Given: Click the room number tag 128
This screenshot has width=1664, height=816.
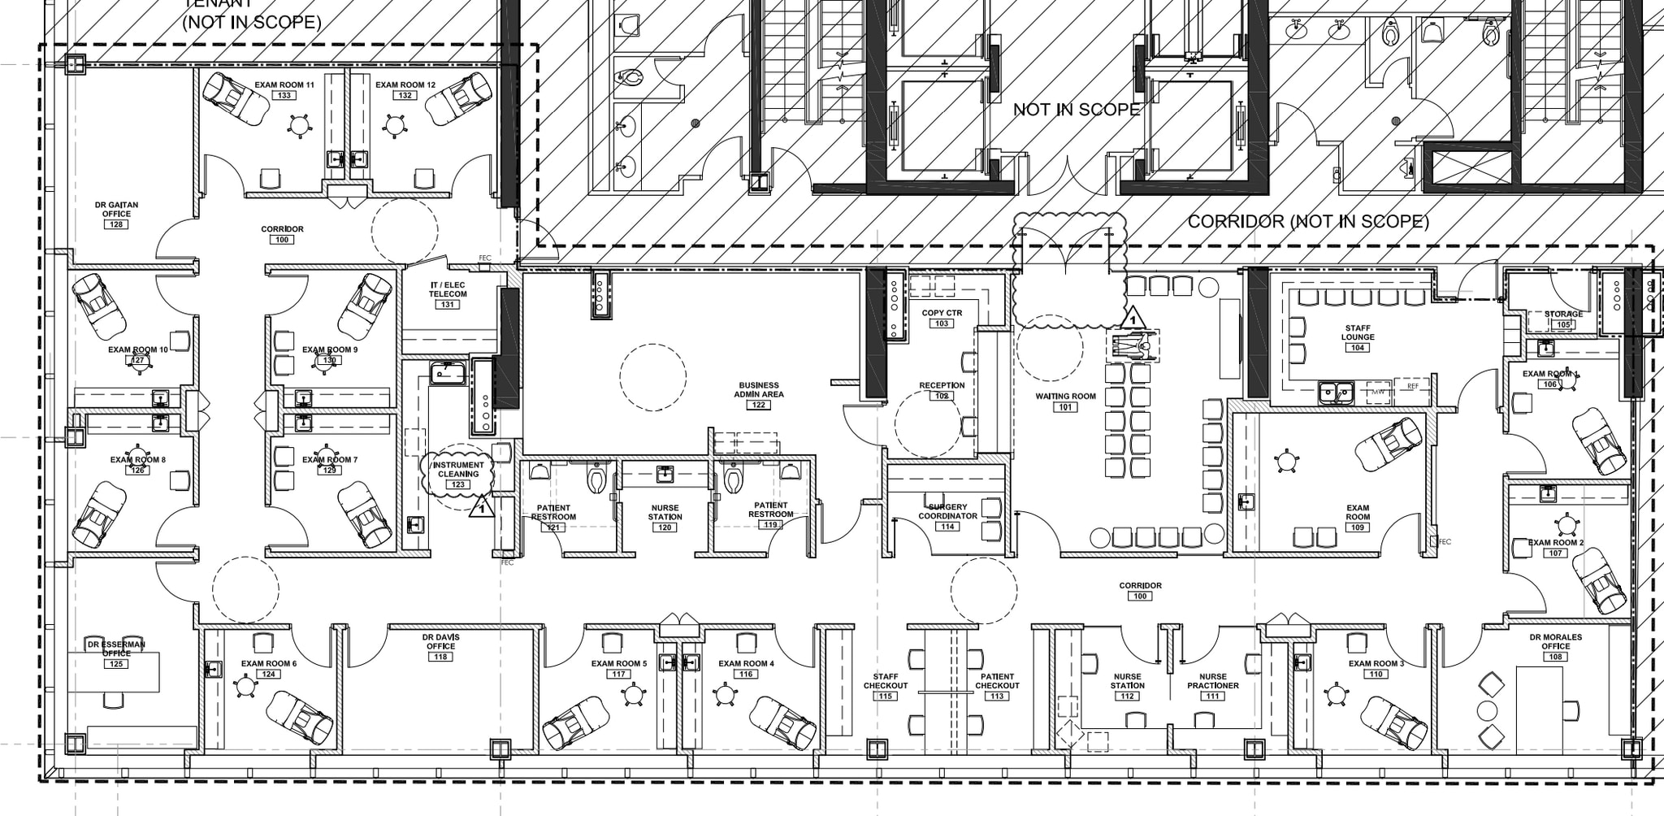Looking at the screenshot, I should pyautogui.click(x=117, y=224).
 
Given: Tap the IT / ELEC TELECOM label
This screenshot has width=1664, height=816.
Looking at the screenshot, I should pyautogui.click(x=448, y=289).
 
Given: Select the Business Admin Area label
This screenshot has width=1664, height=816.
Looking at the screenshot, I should pyautogui.click(x=759, y=389).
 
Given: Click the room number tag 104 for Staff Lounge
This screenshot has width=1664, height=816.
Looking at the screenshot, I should pyautogui.click(x=1357, y=348).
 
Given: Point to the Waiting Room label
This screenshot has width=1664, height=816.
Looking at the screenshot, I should pyautogui.click(x=1065, y=397).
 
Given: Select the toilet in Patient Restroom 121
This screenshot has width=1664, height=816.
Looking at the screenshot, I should pyautogui.click(x=597, y=479).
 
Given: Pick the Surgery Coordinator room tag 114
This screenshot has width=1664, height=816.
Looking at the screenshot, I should pyautogui.click(x=947, y=527).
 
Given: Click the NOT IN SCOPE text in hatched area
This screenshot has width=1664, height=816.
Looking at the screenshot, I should pyautogui.click(x=1077, y=110).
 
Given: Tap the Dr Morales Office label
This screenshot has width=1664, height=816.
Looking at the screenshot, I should pyautogui.click(x=1555, y=641).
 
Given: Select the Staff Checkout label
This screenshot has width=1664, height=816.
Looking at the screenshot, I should pyautogui.click(x=886, y=681).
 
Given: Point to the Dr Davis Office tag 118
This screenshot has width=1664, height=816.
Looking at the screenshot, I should pyautogui.click(x=440, y=657).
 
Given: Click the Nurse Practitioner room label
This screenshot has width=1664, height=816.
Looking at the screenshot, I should pyautogui.click(x=1213, y=681).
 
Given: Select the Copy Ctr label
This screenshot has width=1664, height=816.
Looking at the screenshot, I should pyautogui.click(x=942, y=313).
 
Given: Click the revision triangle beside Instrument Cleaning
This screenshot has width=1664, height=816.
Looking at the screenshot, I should pyautogui.click(x=481, y=507).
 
